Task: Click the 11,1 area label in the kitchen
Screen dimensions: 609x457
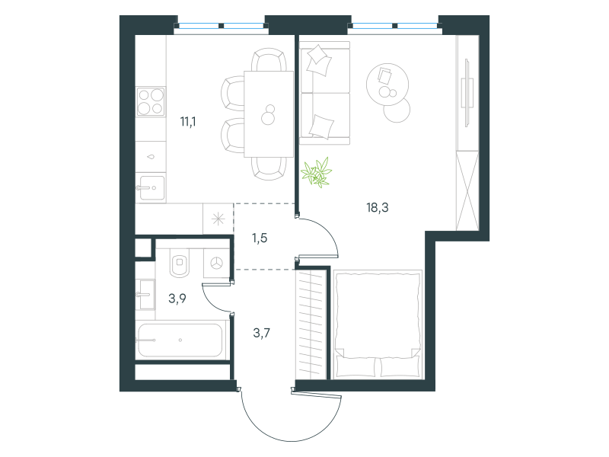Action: pos(188,122)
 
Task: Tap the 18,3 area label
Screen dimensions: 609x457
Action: pos(378,207)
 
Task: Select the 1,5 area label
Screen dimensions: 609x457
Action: pos(260,238)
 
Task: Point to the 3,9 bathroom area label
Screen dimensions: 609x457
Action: pos(177,298)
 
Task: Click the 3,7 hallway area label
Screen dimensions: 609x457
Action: pos(261,333)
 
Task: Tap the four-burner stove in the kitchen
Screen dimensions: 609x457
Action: pos(151,101)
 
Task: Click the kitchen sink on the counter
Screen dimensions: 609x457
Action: pos(151,188)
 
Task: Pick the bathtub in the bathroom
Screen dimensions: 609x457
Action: pos(180,340)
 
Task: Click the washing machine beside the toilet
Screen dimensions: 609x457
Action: pos(216,264)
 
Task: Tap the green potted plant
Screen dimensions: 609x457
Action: pos(317,173)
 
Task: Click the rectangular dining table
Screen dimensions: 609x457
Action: pos(269,113)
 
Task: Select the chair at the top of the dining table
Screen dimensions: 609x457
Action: pos(269,59)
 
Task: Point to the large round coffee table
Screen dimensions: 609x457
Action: pos(387,85)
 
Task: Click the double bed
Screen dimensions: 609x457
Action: pos(378,324)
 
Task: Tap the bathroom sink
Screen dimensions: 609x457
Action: pos(146,295)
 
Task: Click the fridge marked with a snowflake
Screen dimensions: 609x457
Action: pos(218,219)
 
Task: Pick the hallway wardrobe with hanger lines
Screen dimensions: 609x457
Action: pos(311,324)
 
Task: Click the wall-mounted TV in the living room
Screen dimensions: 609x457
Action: pos(467,92)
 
